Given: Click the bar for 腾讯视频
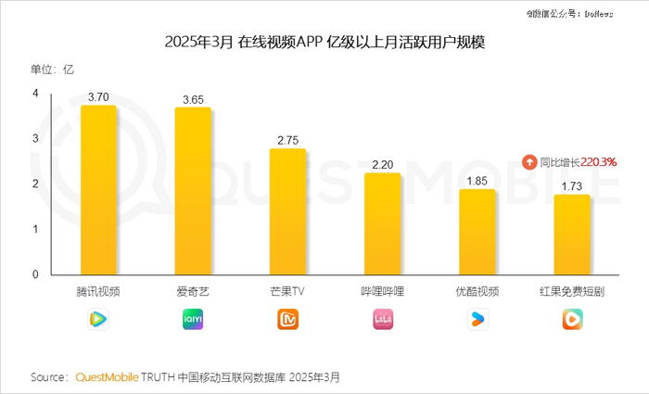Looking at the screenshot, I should (x=98, y=190).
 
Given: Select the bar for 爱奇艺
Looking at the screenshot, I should (x=193, y=191).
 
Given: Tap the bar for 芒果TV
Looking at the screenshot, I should (x=287, y=211).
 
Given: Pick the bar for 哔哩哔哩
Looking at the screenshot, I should (x=382, y=223).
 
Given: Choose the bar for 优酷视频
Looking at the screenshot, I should (x=477, y=232).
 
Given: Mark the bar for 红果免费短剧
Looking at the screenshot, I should (x=572, y=235).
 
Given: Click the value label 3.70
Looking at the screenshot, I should (x=98, y=96).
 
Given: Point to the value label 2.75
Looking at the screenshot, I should (x=287, y=140).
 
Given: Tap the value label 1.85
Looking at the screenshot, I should (x=477, y=181).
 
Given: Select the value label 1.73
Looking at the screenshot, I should (x=572, y=186).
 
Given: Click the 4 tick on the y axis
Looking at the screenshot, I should (x=35, y=94).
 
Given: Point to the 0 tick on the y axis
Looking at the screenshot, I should (x=35, y=274).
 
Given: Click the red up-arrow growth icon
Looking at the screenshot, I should (x=528, y=161).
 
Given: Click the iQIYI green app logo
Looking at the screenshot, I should (x=193, y=320).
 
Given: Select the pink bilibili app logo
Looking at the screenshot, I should (x=382, y=320).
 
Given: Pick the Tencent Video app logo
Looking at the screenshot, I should (x=98, y=320).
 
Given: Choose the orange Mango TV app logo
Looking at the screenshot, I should (x=287, y=320).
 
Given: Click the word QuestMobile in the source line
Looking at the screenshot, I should (x=107, y=377).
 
